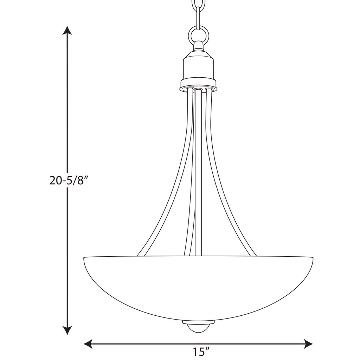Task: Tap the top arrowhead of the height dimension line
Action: pos(67,30)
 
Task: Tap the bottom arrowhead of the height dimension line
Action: pos(67,330)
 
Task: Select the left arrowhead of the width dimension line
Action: pos(88,344)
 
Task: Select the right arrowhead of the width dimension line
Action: pos(308,344)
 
